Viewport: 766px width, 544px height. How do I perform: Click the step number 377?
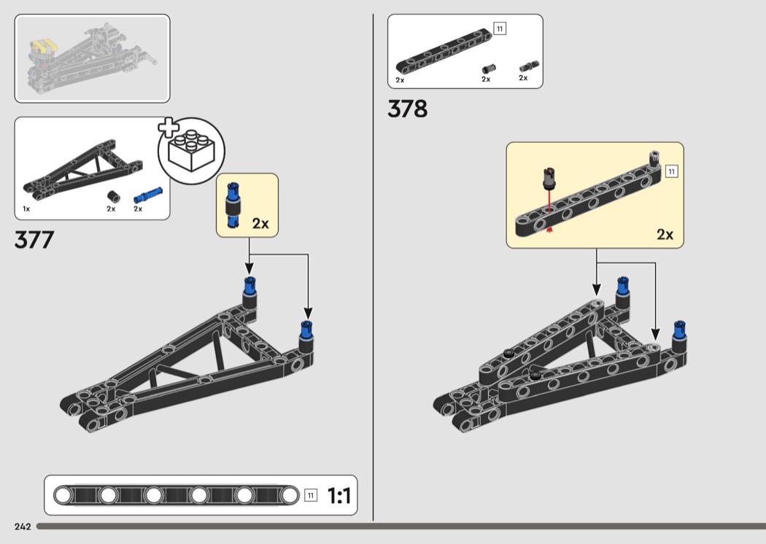(x=34, y=240)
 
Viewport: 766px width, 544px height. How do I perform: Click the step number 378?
(x=407, y=109)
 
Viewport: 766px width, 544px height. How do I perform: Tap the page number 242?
(x=23, y=526)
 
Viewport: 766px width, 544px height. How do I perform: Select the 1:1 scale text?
(x=339, y=496)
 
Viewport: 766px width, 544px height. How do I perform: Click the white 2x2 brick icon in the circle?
(x=191, y=151)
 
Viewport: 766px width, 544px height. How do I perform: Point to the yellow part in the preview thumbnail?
(x=44, y=47)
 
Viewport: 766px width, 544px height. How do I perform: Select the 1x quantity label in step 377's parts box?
(x=26, y=209)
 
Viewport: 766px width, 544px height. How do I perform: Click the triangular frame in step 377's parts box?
(x=83, y=168)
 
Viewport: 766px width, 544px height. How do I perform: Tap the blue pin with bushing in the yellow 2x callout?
(x=233, y=205)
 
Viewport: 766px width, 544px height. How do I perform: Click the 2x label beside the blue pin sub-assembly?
(x=260, y=224)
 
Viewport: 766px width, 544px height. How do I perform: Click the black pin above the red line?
(x=549, y=179)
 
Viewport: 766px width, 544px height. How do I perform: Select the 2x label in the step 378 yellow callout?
(x=665, y=235)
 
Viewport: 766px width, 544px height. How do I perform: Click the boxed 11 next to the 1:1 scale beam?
(x=311, y=495)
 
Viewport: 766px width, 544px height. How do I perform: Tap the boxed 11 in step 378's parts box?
(x=500, y=29)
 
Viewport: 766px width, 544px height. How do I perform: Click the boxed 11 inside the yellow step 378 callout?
(x=672, y=171)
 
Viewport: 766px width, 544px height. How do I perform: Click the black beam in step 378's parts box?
(x=444, y=51)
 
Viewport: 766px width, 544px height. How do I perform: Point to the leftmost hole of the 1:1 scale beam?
(x=63, y=495)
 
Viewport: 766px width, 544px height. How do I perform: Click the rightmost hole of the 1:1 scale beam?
(x=289, y=495)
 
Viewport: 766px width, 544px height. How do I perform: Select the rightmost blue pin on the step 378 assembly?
(x=679, y=330)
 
